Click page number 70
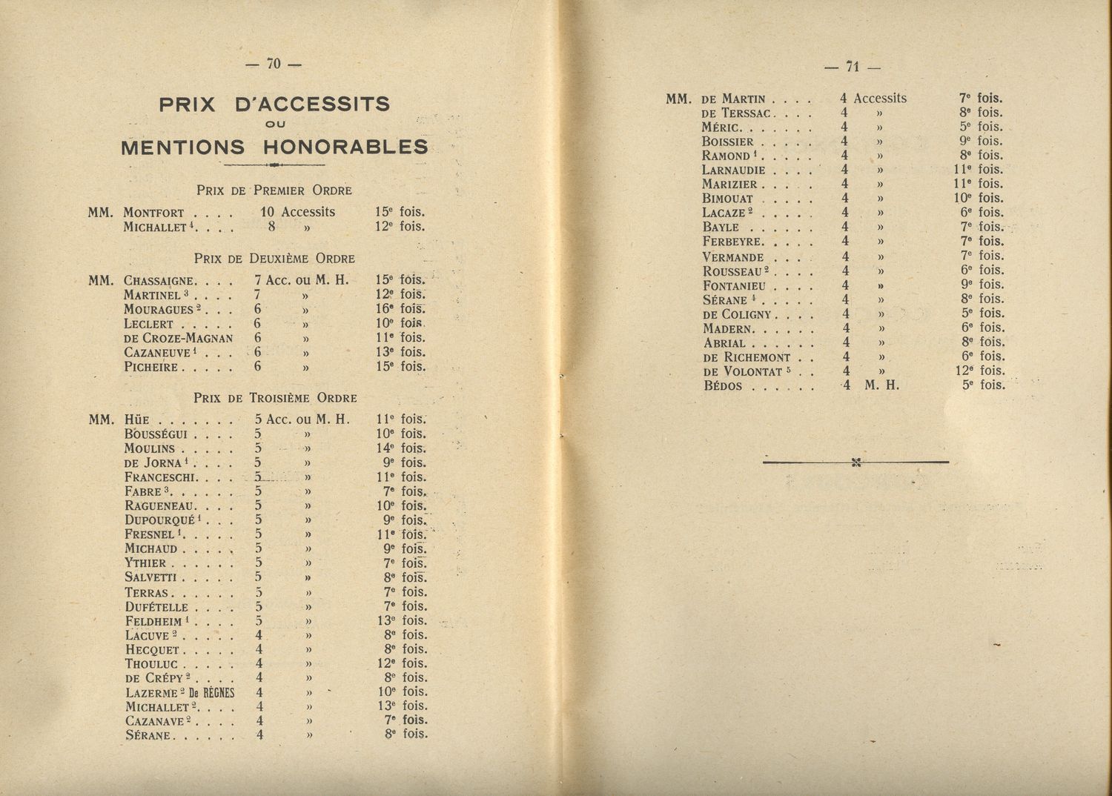(x=274, y=64)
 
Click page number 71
(x=852, y=67)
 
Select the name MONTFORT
(x=153, y=213)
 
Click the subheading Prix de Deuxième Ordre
(x=274, y=259)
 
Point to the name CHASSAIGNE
(x=160, y=281)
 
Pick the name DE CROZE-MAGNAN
(x=179, y=338)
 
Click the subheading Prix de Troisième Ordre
(x=275, y=398)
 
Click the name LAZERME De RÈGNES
(x=180, y=692)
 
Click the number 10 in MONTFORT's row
(x=268, y=212)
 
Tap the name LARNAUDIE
(x=734, y=170)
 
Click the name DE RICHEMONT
(x=747, y=356)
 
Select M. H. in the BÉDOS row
(x=881, y=385)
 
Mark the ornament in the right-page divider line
(x=856, y=463)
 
